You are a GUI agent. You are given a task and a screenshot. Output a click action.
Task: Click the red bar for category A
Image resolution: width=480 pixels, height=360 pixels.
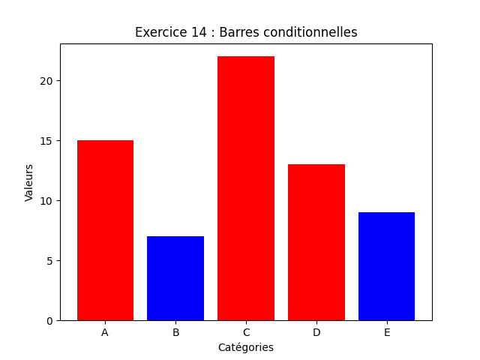tap(105, 230)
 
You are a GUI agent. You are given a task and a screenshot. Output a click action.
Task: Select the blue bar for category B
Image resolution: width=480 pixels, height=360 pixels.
tap(175, 278)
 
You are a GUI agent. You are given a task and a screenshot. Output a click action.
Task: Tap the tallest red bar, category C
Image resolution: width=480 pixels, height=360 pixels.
tap(246, 188)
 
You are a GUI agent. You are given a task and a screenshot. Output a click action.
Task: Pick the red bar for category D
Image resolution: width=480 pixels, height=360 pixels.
tap(316, 242)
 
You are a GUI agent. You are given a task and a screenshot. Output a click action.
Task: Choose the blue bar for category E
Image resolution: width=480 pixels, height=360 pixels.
tap(386, 266)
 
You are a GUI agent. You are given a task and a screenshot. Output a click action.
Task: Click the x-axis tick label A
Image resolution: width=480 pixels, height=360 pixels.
tap(105, 332)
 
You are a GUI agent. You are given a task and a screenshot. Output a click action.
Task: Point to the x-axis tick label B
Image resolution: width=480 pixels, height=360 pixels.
tap(175, 332)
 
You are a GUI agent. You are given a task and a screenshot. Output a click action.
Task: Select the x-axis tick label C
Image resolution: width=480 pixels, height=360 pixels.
tap(246, 332)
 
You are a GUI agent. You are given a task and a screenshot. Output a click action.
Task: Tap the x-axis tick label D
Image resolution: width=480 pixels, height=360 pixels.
tap(316, 332)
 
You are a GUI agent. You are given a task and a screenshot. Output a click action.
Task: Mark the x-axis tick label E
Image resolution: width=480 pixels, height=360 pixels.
tap(386, 332)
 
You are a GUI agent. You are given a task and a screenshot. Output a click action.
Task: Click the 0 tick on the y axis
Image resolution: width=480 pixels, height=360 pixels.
tap(49, 321)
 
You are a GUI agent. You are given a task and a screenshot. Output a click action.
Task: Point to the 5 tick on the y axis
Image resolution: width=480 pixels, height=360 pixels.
tap(49, 261)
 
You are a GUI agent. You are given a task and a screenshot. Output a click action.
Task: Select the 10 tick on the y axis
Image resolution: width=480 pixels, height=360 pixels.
tap(46, 201)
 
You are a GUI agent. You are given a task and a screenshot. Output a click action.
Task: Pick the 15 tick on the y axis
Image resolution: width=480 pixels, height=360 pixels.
tap(46, 141)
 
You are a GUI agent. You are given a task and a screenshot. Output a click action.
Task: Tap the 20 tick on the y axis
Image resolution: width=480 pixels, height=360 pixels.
tap(46, 81)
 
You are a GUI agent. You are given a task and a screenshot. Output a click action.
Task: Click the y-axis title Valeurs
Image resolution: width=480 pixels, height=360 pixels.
tap(29, 182)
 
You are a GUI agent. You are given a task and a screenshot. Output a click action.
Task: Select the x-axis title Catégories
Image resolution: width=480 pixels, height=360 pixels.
tap(246, 348)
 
